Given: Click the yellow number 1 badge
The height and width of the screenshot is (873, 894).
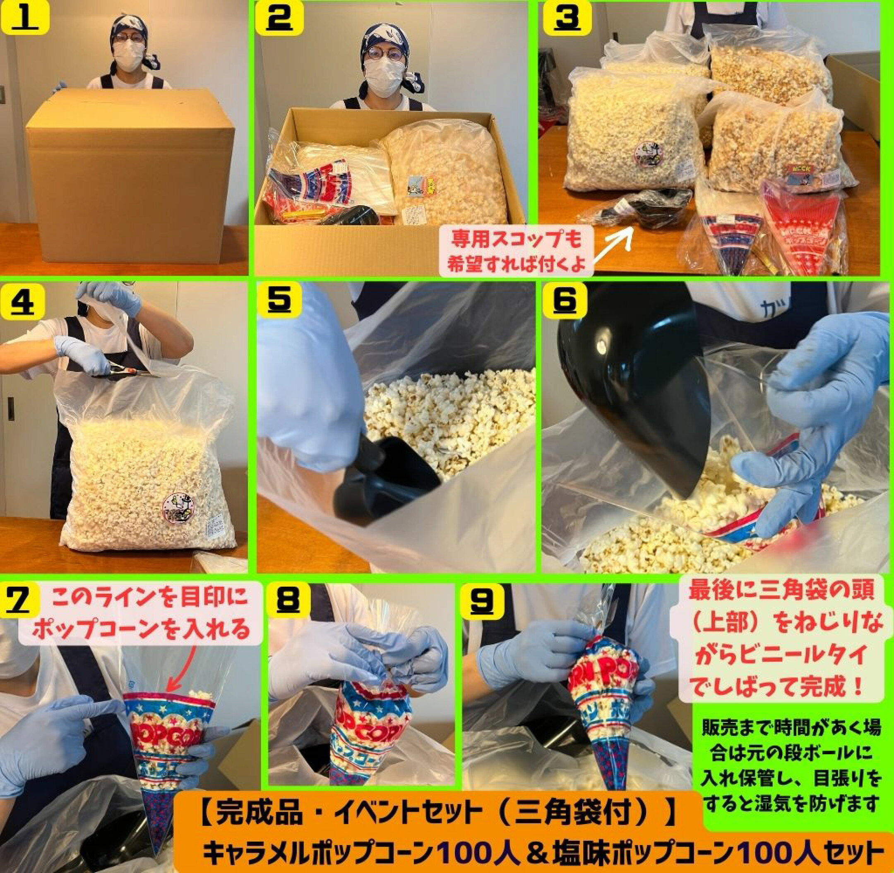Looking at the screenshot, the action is click(25, 18).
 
